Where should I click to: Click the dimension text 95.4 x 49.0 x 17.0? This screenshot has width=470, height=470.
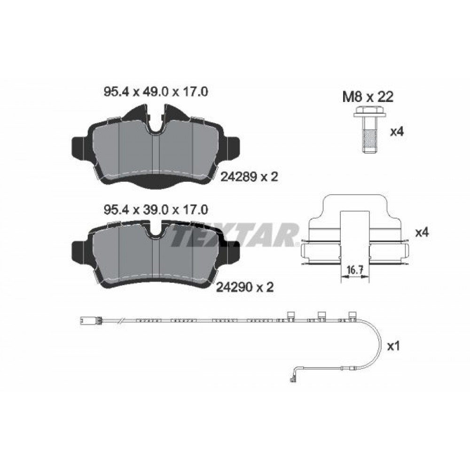pos(156,92)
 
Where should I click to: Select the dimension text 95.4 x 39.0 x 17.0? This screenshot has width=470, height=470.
pos(156,210)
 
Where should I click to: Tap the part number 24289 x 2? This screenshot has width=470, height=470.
pos(249,177)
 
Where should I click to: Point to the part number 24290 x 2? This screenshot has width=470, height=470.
pos(245,288)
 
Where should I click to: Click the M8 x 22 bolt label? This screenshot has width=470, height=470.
pos(368,97)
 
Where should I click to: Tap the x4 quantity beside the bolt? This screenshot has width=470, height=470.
pos(397,132)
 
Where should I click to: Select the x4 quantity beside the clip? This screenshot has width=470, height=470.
pos(422,232)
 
